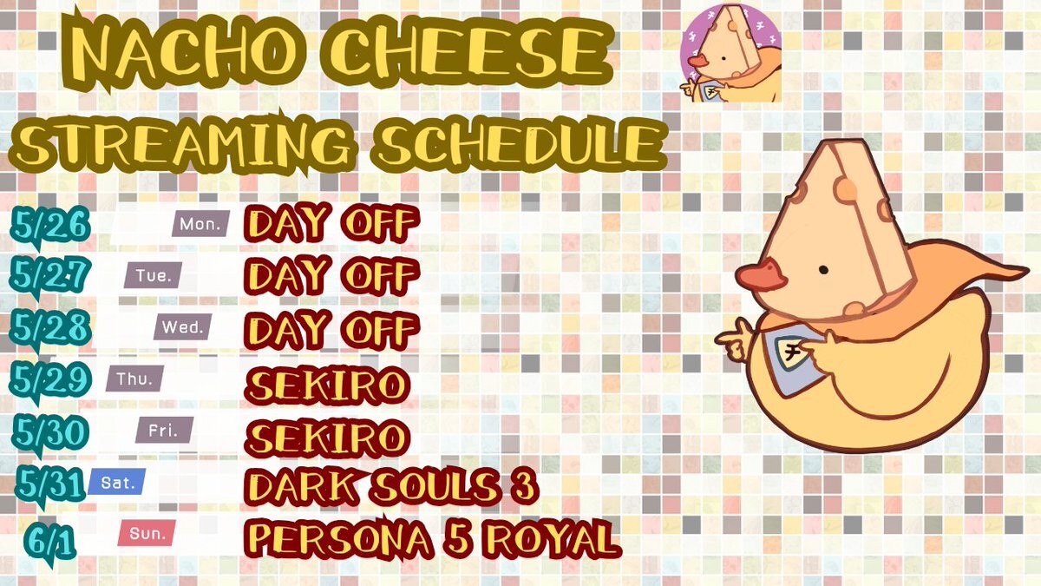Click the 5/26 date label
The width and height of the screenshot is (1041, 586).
(x=49, y=226)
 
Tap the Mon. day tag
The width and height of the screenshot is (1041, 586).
(x=200, y=224)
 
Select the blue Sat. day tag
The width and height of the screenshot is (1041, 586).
(x=117, y=482)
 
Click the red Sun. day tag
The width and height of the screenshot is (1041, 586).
(x=147, y=533)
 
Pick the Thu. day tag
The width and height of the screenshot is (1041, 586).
(x=134, y=379)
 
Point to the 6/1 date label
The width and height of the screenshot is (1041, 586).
(x=49, y=543)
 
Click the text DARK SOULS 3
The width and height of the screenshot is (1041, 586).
(x=391, y=486)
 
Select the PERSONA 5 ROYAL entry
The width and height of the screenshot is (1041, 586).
(x=433, y=538)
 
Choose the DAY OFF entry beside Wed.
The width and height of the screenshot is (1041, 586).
(x=331, y=330)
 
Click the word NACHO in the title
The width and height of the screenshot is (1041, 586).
(x=182, y=54)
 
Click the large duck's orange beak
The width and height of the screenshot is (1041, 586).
(x=761, y=277)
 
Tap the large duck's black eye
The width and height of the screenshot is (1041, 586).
(x=823, y=270)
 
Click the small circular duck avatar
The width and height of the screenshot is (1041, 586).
(x=730, y=53)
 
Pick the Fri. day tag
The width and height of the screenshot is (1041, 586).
(x=164, y=430)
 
